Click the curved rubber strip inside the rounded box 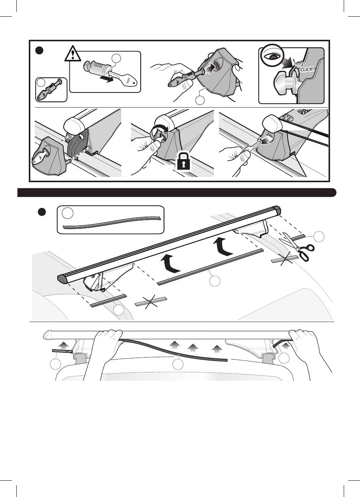pos(112,223)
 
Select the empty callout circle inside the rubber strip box pos(68,213)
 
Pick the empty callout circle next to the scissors pos(319,236)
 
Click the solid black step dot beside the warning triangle pos(39,50)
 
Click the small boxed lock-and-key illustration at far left pos(52,90)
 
